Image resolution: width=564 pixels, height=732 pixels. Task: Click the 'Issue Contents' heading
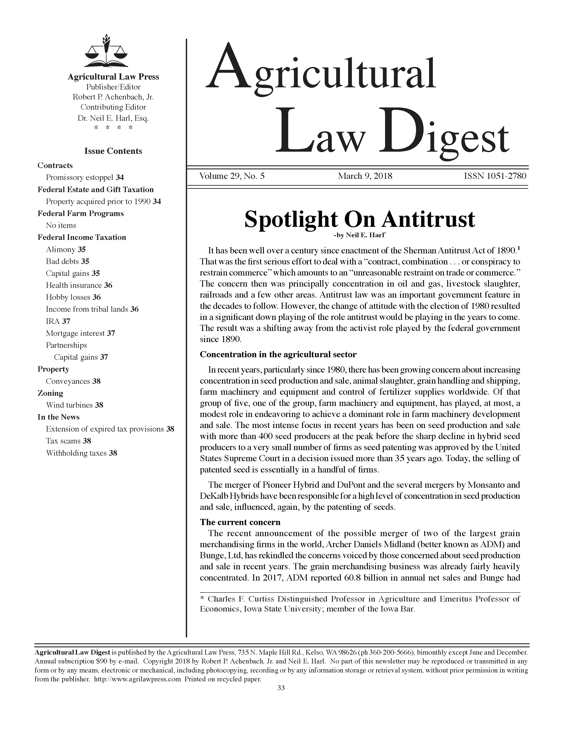click(x=113, y=151)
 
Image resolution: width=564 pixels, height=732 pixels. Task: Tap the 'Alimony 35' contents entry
click(x=66, y=249)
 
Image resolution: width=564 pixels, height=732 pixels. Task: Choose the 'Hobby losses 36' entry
click(x=73, y=297)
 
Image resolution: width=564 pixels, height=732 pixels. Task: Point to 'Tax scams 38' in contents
click(x=68, y=441)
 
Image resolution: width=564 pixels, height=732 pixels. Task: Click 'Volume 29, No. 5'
click(x=232, y=176)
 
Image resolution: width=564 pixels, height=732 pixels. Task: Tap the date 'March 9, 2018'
click(x=365, y=176)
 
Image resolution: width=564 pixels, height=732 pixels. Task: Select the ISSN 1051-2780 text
click(x=495, y=176)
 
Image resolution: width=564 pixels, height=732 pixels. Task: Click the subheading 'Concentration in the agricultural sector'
click(x=278, y=354)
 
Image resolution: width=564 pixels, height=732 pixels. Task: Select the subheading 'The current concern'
click(x=240, y=522)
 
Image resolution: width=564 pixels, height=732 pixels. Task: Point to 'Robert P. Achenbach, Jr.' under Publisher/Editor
click(x=113, y=97)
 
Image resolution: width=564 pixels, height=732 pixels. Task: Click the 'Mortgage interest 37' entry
click(x=81, y=333)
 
